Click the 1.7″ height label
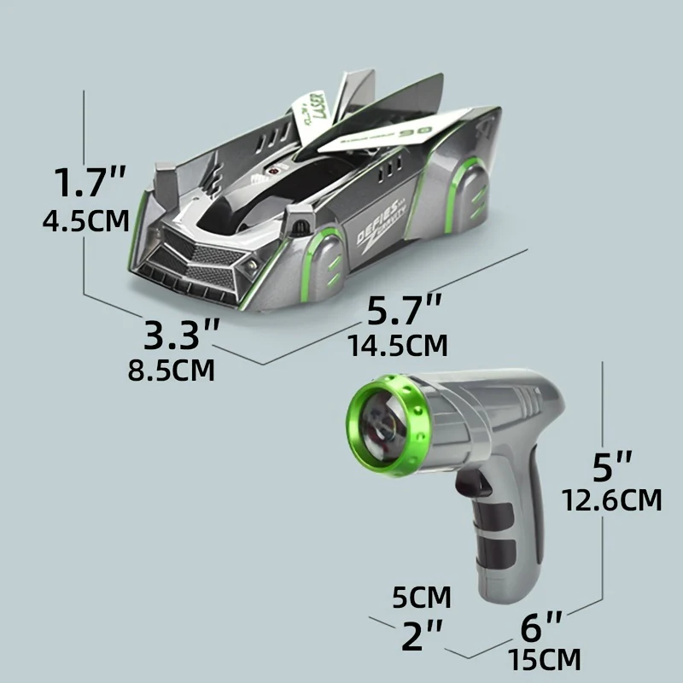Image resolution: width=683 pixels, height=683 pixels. [90, 183]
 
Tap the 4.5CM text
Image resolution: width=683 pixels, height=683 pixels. [86, 221]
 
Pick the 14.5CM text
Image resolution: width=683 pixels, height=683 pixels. [398, 346]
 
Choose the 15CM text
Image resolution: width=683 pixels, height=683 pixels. [544, 660]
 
